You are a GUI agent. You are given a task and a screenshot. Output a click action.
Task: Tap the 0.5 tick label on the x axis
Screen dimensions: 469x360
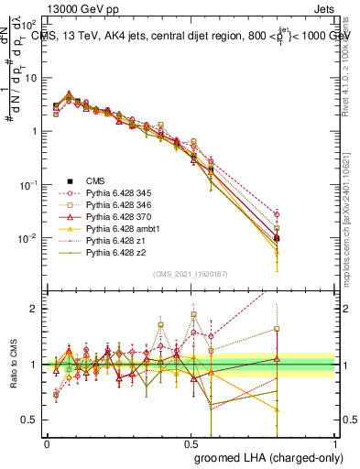tap(191, 443)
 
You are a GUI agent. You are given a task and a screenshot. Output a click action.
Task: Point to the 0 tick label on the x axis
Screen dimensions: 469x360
tap(47, 443)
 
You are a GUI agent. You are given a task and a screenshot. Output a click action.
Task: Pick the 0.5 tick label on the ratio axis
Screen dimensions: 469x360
tap(31, 420)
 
